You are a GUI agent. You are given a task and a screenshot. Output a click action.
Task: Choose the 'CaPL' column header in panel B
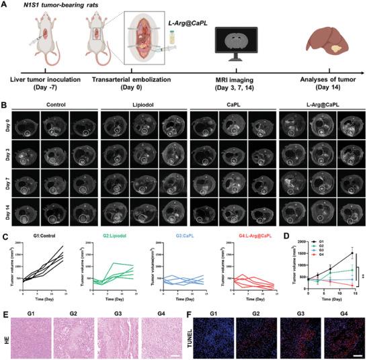pos(233,105)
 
